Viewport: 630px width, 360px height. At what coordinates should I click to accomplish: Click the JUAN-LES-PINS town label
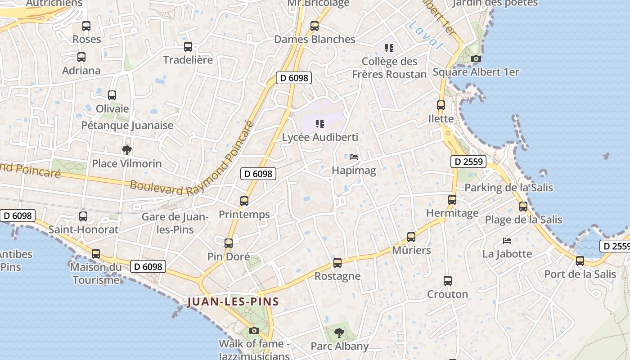(x=233, y=301)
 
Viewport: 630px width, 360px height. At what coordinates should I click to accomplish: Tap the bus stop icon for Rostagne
(x=337, y=263)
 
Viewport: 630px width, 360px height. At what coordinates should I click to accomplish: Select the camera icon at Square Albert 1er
(x=476, y=58)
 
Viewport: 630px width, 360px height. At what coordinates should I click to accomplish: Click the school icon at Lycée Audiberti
(x=320, y=123)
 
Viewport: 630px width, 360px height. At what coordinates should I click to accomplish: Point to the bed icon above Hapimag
(x=354, y=157)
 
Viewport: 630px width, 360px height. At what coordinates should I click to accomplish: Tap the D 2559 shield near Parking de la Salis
(x=468, y=162)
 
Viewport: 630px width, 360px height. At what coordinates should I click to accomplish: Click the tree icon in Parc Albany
(x=339, y=333)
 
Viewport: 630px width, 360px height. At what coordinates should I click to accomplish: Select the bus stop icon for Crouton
(x=447, y=281)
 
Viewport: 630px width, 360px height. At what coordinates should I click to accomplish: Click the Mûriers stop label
(x=411, y=250)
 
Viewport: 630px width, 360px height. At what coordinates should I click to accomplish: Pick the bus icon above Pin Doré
(x=229, y=243)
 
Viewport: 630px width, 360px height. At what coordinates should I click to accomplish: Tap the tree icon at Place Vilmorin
(x=127, y=150)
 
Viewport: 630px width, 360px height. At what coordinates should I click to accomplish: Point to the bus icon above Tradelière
(x=188, y=46)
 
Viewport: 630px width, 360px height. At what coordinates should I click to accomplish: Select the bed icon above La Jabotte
(x=507, y=240)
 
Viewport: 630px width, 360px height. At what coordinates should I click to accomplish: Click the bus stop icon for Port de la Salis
(x=580, y=261)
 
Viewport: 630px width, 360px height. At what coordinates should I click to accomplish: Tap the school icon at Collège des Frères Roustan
(x=389, y=48)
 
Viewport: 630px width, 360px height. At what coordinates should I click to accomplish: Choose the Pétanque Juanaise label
(x=127, y=125)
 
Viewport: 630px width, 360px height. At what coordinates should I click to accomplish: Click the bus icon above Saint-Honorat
(x=83, y=216)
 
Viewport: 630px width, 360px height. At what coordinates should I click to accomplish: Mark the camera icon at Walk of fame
(x=254, y=331)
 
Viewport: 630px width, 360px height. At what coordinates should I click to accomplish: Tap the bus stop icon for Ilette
(x=441, y=105)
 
